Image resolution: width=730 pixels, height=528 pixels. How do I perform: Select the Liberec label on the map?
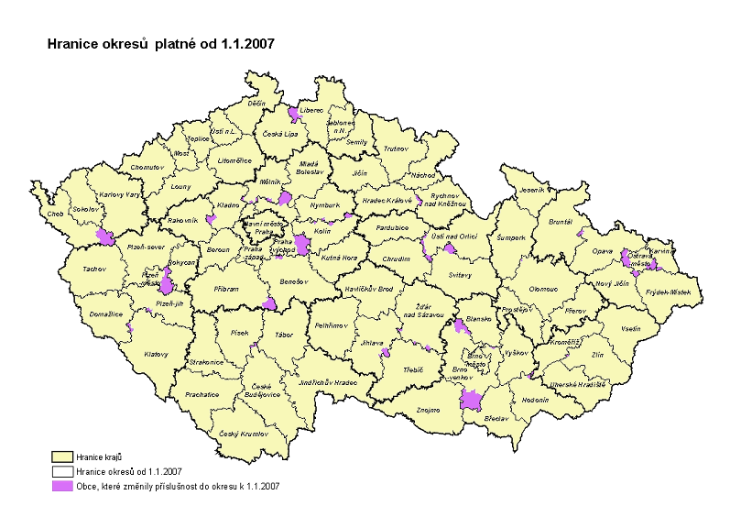pyautogui.click(x=313, y=110)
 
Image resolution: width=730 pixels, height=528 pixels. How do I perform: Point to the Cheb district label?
pyautogui.click(x=44, y=216)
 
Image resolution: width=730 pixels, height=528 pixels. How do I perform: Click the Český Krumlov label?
pyautogui.click(x=240, y=433)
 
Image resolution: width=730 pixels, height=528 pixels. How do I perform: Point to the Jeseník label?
pyautogui.click(x=531, y=190)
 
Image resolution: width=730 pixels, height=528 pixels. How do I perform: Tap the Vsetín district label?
pyautogui.click(x=630, y=328)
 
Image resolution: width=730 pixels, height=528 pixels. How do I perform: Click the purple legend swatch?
pyautogui.click(x=62, y=487)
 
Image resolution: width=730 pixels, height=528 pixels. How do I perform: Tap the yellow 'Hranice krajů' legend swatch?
pyautogui.click(x=62, y=456)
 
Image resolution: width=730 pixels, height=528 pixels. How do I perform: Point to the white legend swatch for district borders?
pyautogui.click(x=62, y=471)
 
